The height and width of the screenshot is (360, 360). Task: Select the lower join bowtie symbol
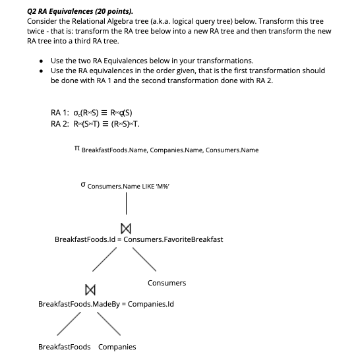(88, 289)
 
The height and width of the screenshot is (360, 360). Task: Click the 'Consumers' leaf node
(167, 283)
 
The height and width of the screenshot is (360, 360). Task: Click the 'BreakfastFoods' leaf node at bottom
(65, 347)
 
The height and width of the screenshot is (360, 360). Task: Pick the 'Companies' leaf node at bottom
(117, 347)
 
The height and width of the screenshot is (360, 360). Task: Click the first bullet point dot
(43, 61)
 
